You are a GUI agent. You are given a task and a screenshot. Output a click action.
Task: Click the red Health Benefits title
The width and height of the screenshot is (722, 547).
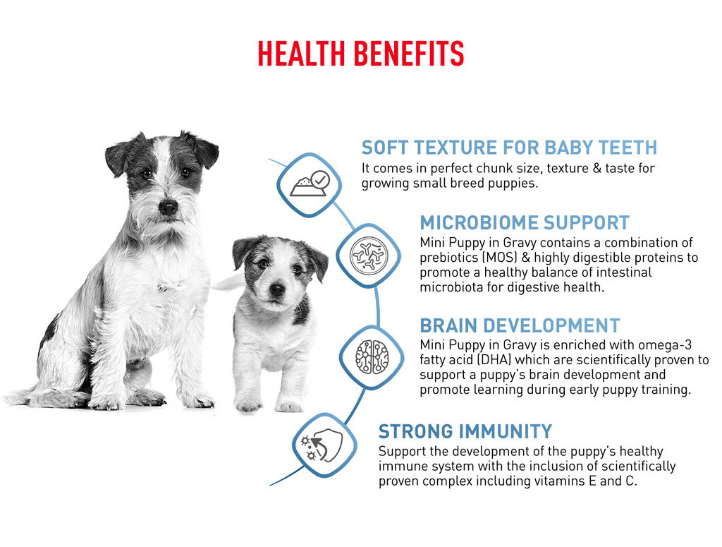(x=360, y=54)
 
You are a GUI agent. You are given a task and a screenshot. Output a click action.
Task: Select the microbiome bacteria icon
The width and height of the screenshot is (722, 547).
(x=368, y=256)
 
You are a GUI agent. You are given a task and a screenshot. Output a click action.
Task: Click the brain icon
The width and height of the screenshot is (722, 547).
(x=372, y=356)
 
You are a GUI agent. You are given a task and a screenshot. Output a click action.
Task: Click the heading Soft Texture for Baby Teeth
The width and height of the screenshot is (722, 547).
(x=509, y=148)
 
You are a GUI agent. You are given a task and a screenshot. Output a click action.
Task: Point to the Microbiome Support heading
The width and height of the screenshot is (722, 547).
(x=525, y=222)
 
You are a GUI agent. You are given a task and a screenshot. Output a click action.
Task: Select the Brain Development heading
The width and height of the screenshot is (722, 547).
(x=520, y=325)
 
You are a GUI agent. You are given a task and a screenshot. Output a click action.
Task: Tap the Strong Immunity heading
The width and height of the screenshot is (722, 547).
(x=465, y=431)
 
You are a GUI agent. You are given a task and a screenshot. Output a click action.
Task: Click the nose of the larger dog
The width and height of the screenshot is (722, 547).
(x=168, y=207)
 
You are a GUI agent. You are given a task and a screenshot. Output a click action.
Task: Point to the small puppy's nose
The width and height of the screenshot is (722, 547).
(x=276, y=289)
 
